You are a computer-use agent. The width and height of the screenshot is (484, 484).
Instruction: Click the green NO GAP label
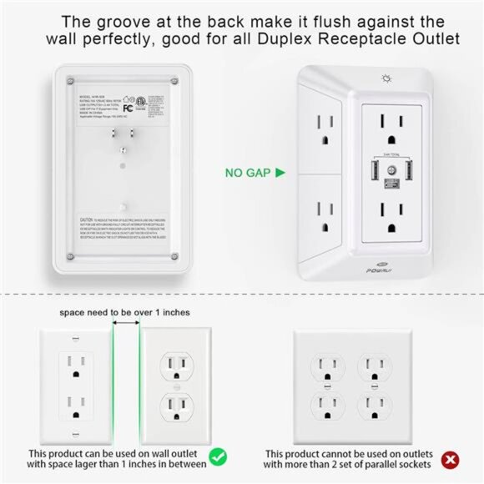(245, 174)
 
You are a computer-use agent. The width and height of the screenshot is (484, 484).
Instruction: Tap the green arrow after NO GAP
(280, 174)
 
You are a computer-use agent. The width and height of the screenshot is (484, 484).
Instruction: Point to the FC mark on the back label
(105, 108)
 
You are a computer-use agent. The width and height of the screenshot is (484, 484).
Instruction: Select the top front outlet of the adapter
(388, 127)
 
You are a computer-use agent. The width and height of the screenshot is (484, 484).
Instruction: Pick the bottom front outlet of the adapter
(388, 220)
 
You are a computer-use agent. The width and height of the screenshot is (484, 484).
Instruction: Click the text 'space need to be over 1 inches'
(124, 312)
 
